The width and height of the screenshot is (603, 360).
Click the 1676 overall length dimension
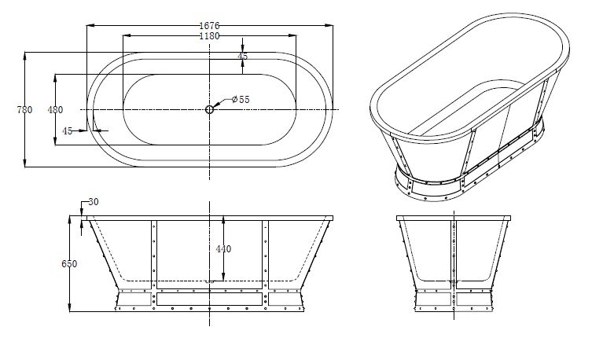[209, 25]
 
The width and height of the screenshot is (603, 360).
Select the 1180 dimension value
[209, 36]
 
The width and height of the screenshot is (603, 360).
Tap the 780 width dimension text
[24, 109]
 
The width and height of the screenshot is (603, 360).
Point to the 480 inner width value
[55, 109]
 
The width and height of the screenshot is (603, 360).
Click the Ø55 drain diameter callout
[241, 99]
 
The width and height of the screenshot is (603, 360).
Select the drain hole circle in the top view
[210, 109]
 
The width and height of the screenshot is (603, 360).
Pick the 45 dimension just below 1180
[243, 57]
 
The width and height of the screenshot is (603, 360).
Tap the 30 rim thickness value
[94, 202]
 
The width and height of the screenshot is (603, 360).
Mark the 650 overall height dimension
[69, 264]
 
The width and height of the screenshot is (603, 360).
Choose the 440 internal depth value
[223, 249]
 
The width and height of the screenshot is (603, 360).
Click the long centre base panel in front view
[209, 299]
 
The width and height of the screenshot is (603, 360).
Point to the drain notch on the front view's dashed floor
[209, 281]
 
